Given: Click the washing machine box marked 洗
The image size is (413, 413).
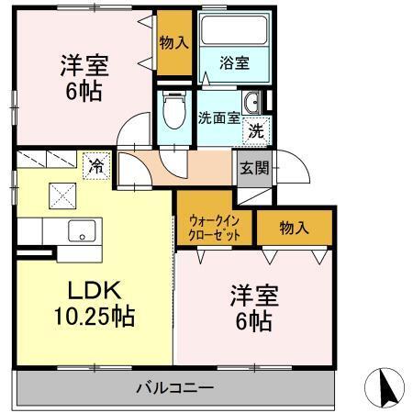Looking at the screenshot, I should click(x=257, y=129).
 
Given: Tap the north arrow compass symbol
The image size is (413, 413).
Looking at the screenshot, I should click(x=386, y=386).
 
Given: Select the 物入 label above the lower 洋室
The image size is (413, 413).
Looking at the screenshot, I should click(x=294, y=227).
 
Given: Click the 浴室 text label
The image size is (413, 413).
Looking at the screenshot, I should click(x=233, y=62).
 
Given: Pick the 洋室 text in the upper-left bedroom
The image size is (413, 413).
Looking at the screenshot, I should click(x=84, y=65).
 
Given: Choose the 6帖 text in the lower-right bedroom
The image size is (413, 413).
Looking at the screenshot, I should click(x=252, y=322).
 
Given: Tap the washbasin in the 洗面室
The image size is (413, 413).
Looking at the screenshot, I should click(x=254, y=102).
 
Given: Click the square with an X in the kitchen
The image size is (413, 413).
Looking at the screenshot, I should click(x=61, y=195).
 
